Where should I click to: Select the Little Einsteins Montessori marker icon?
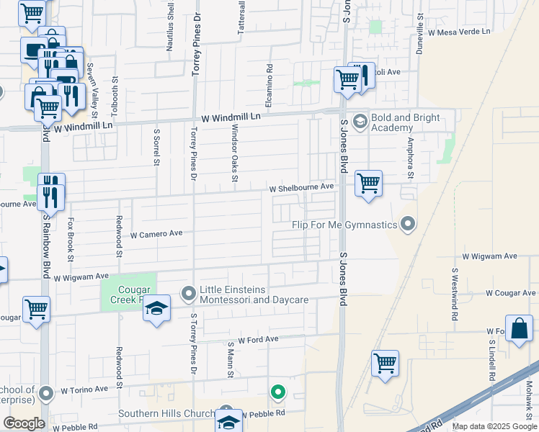[189, 293]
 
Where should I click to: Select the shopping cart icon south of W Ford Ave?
[386, 363]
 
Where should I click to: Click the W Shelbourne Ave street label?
[302, 187]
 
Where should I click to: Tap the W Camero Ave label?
[156, 234]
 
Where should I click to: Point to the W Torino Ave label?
[84, 390]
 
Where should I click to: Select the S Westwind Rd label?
[455, 296]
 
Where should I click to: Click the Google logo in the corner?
[24, 423]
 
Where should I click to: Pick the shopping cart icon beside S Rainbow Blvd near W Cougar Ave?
[36, 309]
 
